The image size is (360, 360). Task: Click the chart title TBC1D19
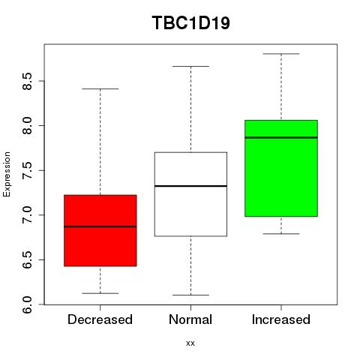pyautogui.click(x=190, y=23)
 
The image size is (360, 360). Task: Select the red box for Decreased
pyautogui.click(x=100, y=230)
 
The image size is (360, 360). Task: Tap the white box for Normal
pyautogui.click(x=190, y=194)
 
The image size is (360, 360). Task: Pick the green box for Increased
pyautogui.click(x=281, y=168)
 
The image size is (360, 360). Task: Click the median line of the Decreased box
pyautogui.click(x=100, y=226)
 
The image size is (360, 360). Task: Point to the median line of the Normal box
pyautogui.click(x=190, y=186)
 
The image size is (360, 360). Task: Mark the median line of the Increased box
pyautogui.click(x=281, y=137)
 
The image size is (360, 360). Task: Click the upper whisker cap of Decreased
pyautogui.click(x=100, y=88)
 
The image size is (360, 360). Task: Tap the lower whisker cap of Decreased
pyautogui.click(x=100, y=293)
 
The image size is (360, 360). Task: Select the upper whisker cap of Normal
pyautogui.click(x=190, y=66)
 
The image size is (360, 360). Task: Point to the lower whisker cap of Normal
pyautogui.click(x=190, y=295)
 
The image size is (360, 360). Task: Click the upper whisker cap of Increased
pyautogui.click(x=281, y=54)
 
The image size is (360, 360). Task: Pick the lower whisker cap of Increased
pyautogui.click(x=281, y=234)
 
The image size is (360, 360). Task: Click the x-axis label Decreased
pyautogui.click(x=100, y=319)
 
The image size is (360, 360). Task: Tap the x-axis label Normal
pyautogui.click(x=190, y=319)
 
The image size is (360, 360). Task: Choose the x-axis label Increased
pyautogui.click(x=281, y=319)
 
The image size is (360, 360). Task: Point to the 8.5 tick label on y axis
pyautogui.click(x=27, y=81)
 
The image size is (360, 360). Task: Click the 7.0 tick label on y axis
pyautogui.click(x=27, y=215)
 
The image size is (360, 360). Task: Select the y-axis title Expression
pyautogui.click(x=7, y=174)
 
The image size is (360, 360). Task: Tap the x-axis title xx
pyautogui.click(x=190, y=343)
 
